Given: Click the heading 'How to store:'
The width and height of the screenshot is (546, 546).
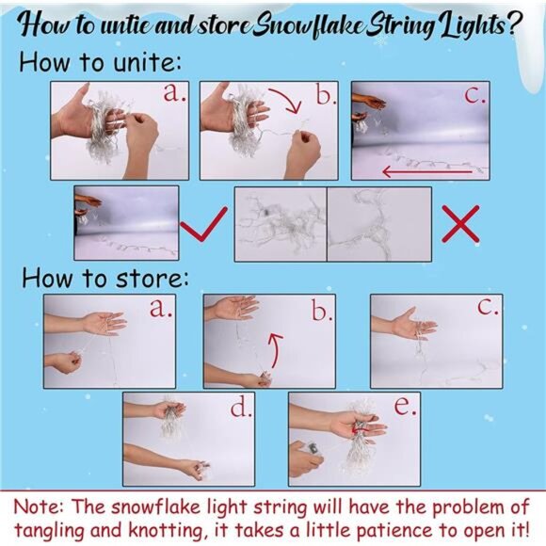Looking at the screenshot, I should point(105,279).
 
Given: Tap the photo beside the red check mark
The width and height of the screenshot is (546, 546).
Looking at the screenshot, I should point(126,223).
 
